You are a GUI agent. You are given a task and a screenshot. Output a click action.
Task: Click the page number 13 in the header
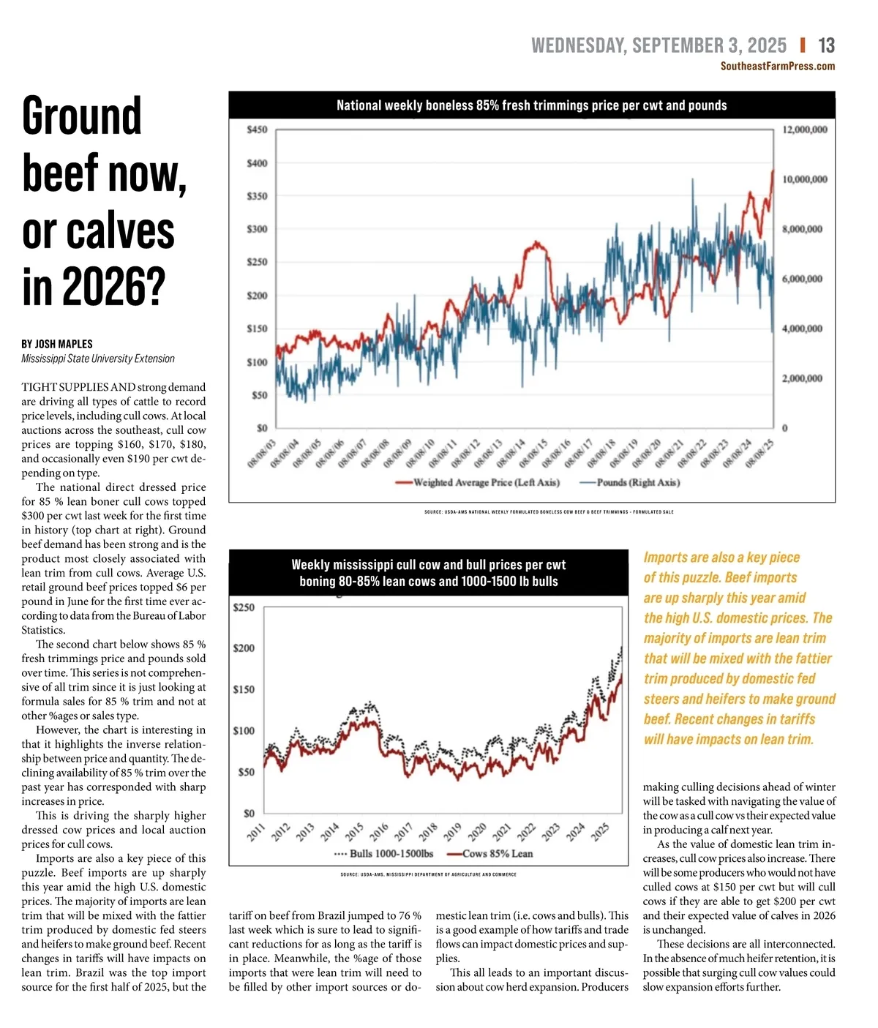tap(826, 46)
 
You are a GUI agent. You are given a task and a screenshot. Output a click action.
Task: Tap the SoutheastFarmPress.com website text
tap(777, 67)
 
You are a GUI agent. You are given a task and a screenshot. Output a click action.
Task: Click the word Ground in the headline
tap(81, 116)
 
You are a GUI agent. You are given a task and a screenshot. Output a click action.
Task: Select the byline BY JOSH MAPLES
tap(57, 344)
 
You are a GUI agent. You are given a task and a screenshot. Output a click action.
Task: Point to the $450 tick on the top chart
tap(257, 130)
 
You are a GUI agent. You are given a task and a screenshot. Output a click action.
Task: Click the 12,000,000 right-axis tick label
tap(805, 130)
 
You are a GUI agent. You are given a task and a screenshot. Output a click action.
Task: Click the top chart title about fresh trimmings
tap(531, 105)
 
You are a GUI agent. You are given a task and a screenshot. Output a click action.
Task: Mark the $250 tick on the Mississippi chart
tap(244, 607)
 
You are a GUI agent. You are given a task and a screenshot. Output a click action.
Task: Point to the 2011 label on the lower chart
tap(255, 833)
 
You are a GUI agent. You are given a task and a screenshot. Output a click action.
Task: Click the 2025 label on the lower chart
tap(600, 833)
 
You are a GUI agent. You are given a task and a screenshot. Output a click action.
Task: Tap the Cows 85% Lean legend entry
tap(489, 854)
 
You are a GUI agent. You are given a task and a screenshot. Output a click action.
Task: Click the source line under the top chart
tap(549, 512)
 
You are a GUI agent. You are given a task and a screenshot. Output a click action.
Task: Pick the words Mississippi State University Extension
tap(98, 359)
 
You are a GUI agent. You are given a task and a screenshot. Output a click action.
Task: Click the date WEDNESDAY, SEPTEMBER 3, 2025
tap(658, 46)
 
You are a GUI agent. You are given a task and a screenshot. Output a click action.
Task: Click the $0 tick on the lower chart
tap(249, 813)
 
